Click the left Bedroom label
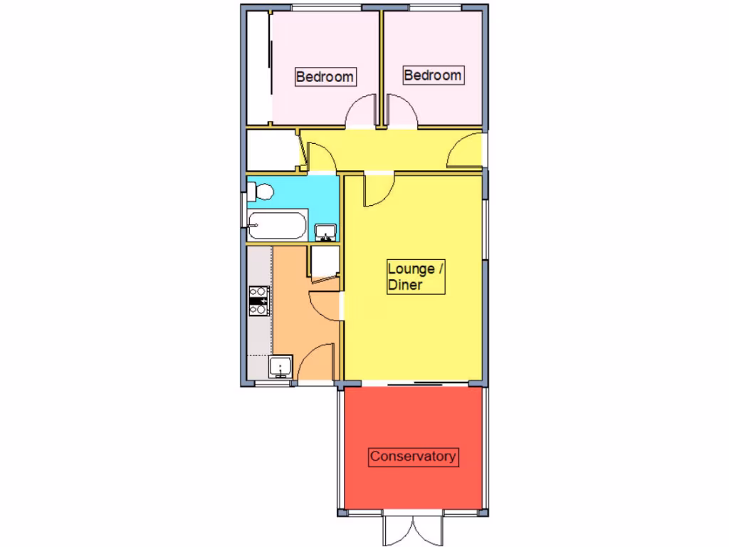pos(325,76)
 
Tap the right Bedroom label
pos(432,75)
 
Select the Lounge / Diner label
pos(416,277)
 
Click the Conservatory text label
pos(413,456)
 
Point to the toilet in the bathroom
pos(259,191)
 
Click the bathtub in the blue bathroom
pos(278,225)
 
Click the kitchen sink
pos(280,367)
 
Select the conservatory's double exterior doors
pos(413,528)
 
